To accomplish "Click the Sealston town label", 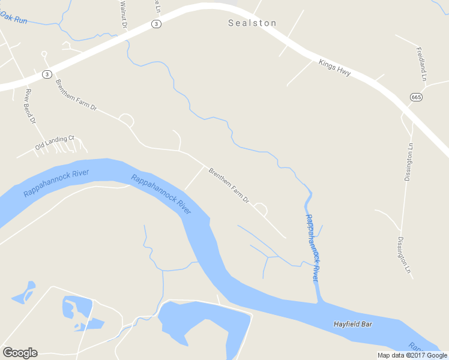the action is tap(252, 23).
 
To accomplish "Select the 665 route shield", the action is tap(416, 97).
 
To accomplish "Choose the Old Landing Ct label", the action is tap(54, 142).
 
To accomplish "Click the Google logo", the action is tap(20, 353).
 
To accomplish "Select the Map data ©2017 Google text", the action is tap(412, 355).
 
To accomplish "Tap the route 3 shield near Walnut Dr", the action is tap(156, 24).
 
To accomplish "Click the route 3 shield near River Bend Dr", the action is tap(47, 74).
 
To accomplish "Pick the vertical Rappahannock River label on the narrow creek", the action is tap(312, 248).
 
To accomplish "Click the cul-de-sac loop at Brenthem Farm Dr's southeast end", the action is tap(261, 209).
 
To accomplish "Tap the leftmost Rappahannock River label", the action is tap(56, 183).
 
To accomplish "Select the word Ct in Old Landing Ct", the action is tap(70, 138).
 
